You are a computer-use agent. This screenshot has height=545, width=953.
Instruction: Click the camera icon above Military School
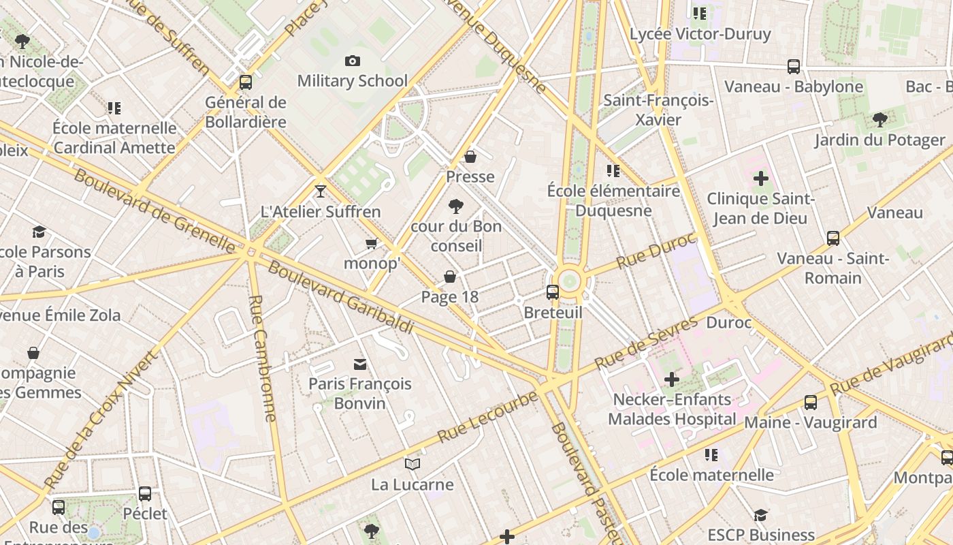coord(352,61)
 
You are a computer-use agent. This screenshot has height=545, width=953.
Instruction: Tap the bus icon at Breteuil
coord(553,292)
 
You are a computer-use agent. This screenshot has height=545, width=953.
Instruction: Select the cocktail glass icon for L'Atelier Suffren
coord(321,191)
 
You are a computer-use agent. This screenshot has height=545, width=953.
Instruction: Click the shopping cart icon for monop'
coord(372,243)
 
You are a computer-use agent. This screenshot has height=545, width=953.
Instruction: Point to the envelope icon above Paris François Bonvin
coord(359,364)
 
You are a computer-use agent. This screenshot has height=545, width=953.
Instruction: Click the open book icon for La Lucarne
coord(413,465)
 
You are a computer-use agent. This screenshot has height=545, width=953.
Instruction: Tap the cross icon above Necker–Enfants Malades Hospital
coord(672,379)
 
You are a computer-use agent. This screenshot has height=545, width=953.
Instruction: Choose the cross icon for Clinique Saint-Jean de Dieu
coord(760,179)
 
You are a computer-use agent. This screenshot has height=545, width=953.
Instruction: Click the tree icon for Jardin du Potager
coord(879,120)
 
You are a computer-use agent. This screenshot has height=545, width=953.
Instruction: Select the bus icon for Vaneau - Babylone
coord(794,66)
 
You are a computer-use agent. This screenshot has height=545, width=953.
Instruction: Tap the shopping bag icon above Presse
coord(470,157)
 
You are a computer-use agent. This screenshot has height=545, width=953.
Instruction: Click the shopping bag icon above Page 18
coord(449,277)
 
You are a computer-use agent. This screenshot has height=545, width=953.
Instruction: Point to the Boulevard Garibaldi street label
coord(340,296)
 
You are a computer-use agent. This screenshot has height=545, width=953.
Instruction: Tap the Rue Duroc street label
coord(656,251)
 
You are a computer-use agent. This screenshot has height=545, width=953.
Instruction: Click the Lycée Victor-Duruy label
coord(700,34)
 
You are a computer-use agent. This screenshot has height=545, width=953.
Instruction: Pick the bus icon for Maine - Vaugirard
coord(810,402)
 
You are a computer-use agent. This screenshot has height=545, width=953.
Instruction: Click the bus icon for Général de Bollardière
coord(246,82)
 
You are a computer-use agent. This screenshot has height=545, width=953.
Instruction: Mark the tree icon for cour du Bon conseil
coord(455,206)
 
